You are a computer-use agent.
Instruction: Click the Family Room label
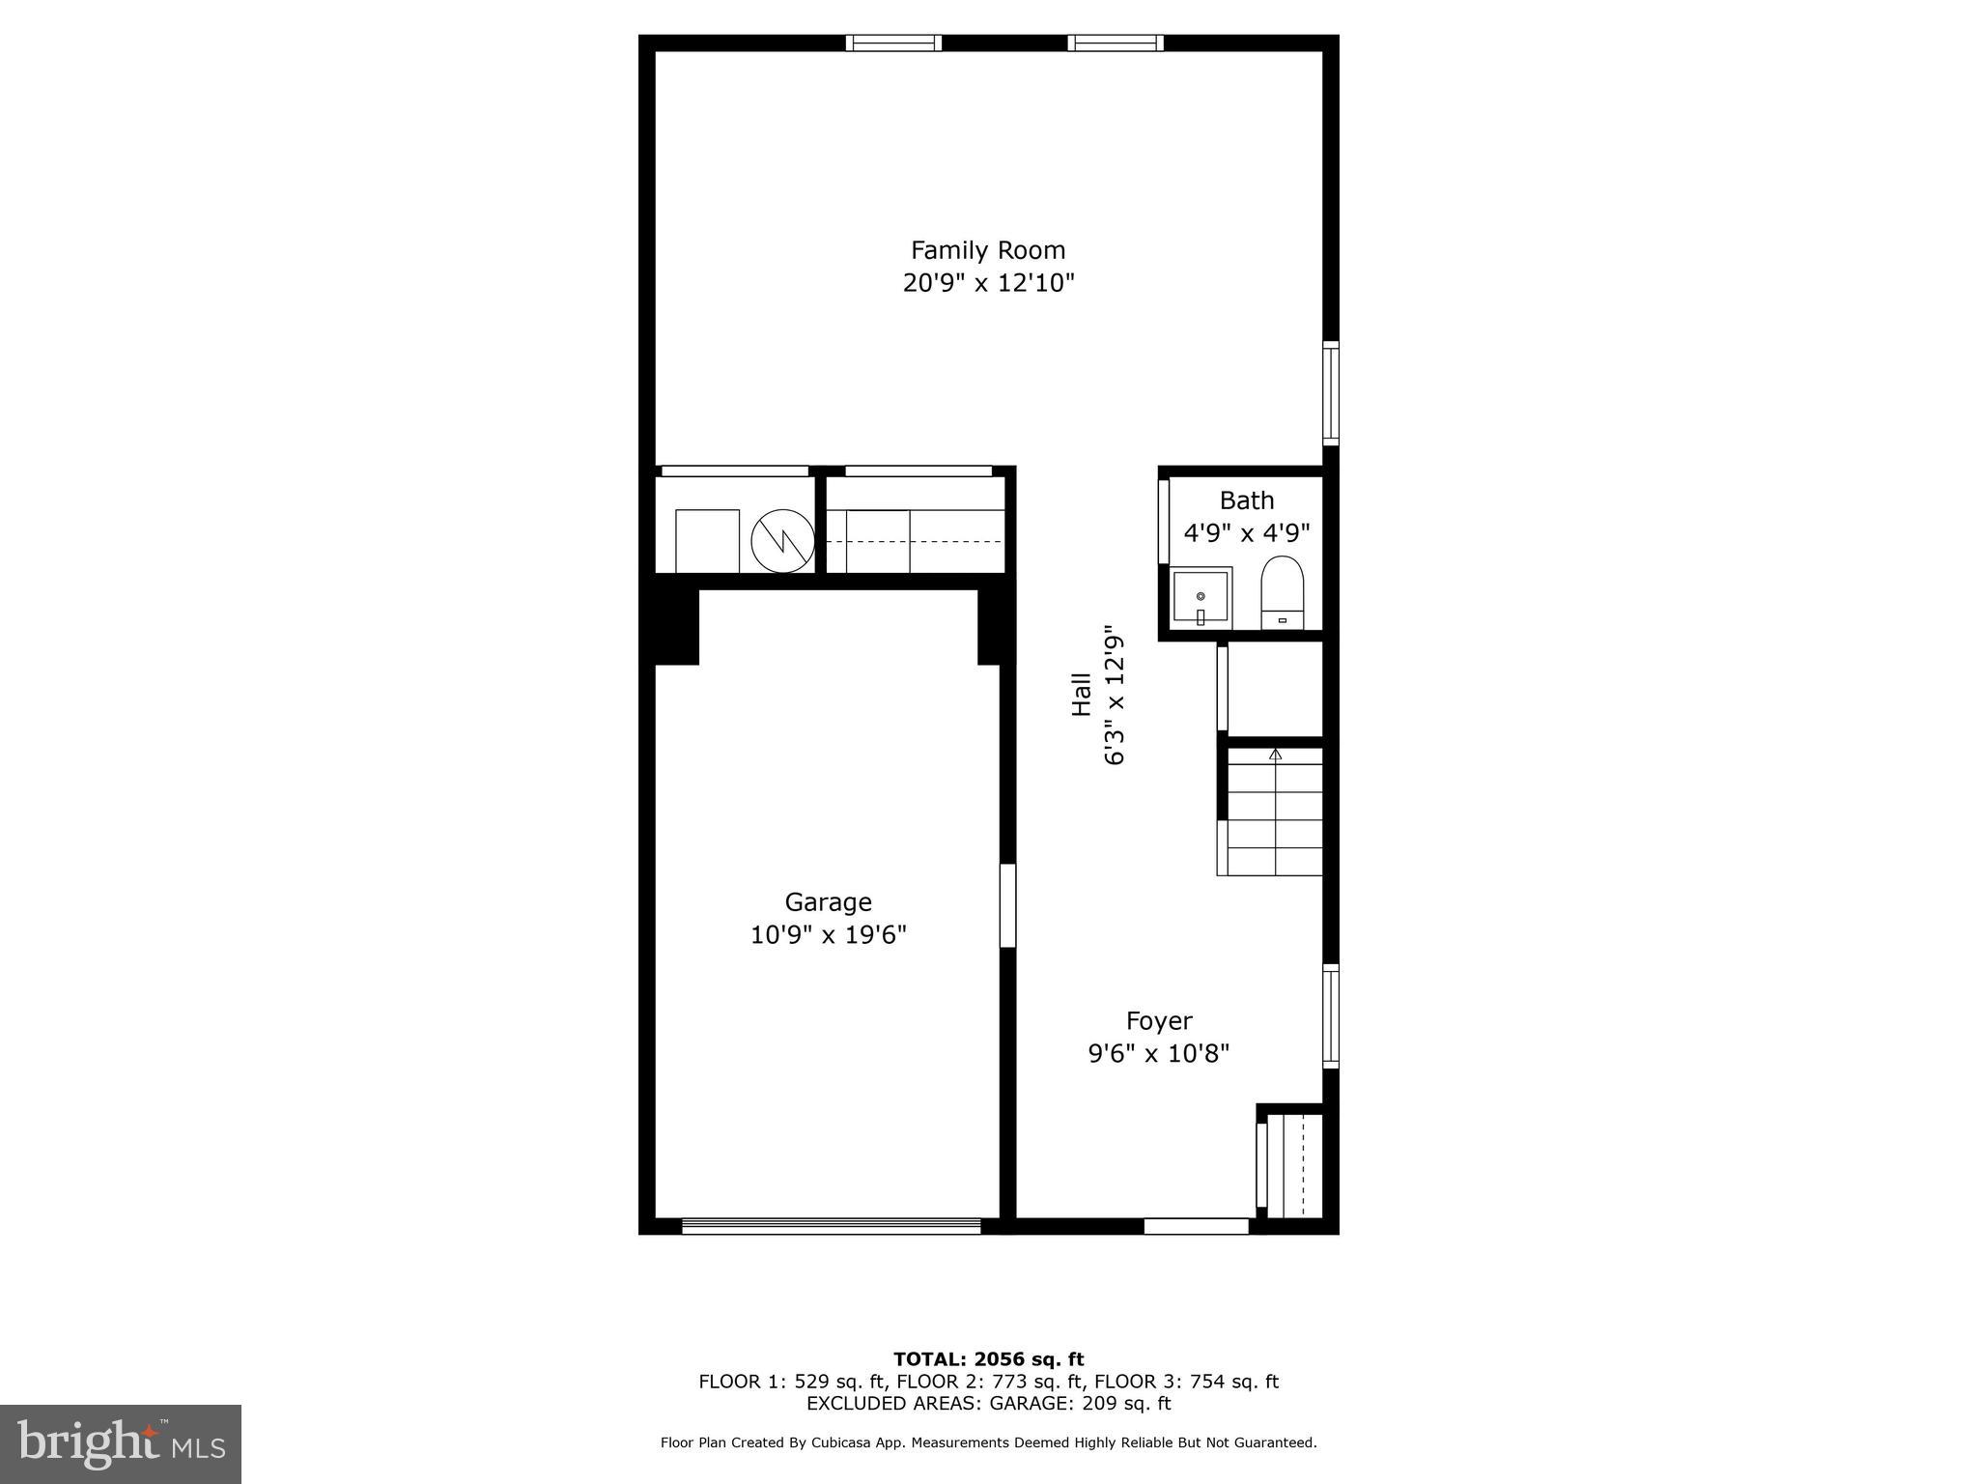988,250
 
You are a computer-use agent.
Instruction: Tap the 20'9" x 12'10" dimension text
988,283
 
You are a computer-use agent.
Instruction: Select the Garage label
828,902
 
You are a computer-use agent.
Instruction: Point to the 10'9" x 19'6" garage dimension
828,935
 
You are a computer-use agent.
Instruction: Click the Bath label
1246,500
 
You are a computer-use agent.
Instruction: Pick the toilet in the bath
1282,592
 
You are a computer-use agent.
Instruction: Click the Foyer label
1159,1021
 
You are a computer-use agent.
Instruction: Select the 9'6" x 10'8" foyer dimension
1159,1053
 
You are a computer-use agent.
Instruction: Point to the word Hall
1081,695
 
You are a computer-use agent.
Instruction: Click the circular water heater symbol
782,541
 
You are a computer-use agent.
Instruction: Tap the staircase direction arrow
1275,754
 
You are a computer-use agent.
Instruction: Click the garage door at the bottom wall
831,1226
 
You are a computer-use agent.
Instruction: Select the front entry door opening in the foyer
1196,1226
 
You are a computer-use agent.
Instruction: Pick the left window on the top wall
893,43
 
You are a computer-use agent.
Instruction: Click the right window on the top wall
1115,43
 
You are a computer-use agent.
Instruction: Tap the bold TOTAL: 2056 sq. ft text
988,1360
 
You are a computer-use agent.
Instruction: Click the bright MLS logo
121,1443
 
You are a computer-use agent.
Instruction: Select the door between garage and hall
1007,905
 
